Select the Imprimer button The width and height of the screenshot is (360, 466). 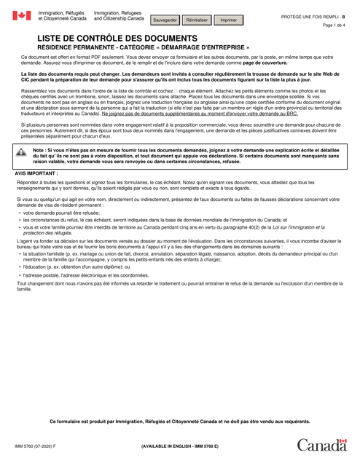[x=230, y=20]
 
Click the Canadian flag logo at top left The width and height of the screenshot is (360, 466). [x=21, y=16]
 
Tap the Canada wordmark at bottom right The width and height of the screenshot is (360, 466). [x=323, y=445]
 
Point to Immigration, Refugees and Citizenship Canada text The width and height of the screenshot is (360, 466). [x=119, y=15]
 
